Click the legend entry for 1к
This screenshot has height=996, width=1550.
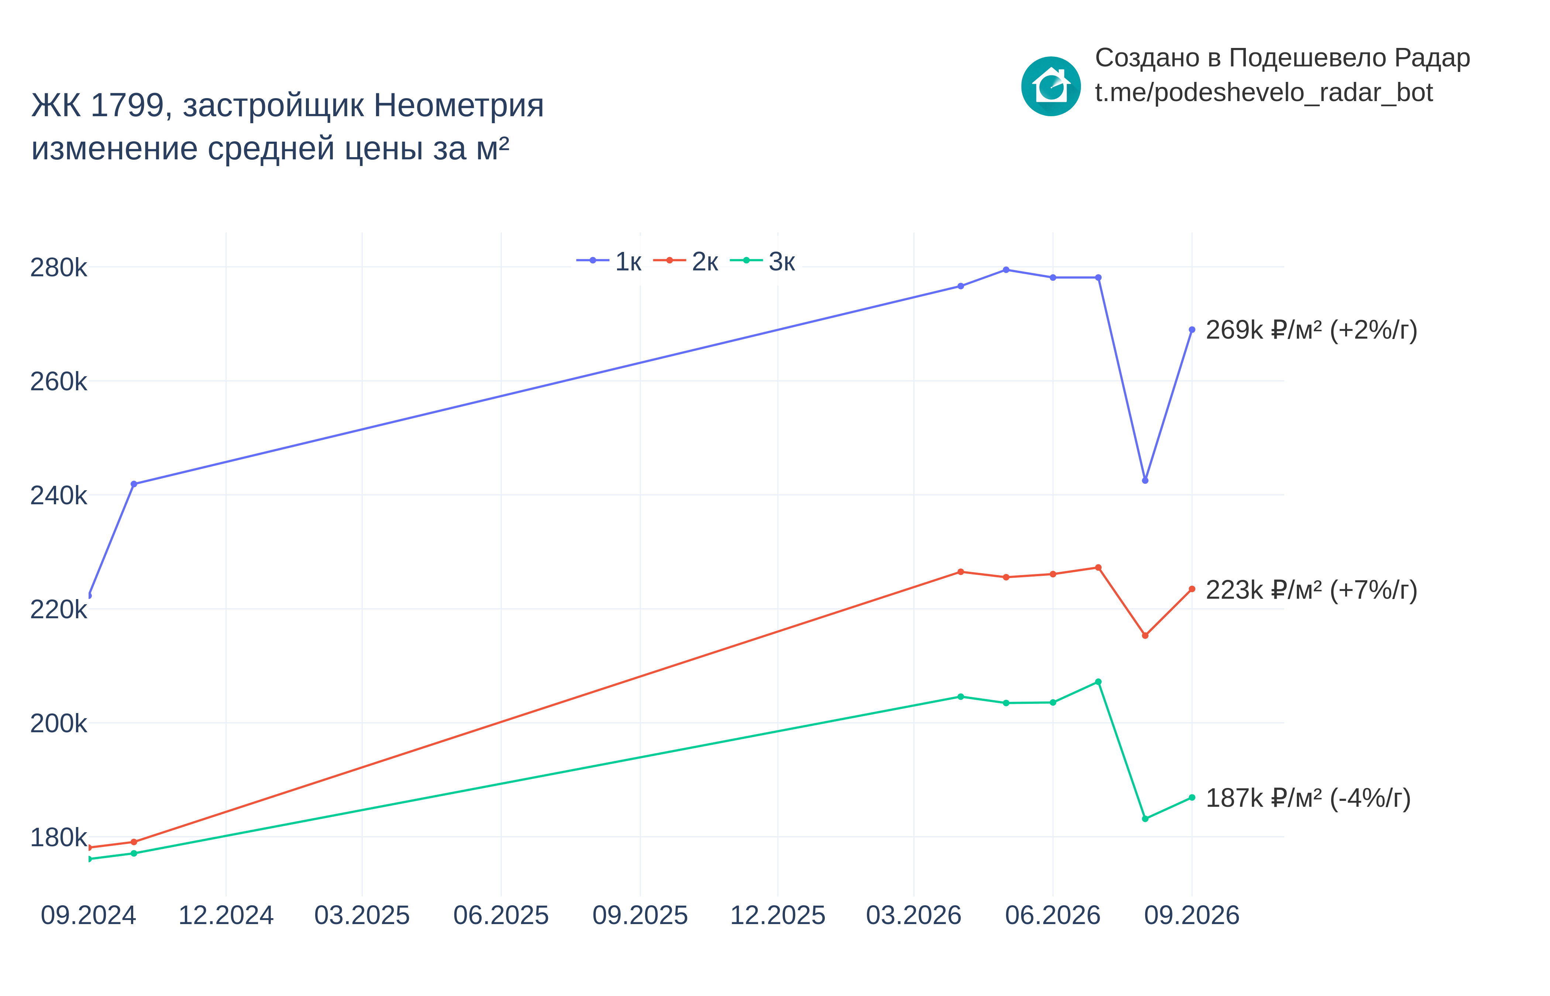(609, 261)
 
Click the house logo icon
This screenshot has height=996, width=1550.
(1051, 86)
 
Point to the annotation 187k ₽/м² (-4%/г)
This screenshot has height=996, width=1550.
(1308, 799)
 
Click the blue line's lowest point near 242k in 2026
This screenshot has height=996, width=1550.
(1145, 481)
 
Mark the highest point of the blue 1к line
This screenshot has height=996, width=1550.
(1006, 270)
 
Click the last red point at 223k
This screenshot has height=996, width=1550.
(1192, 589)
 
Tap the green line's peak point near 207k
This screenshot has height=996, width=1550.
(1098, 682)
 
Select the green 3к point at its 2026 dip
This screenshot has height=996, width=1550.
(1145, 819)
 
